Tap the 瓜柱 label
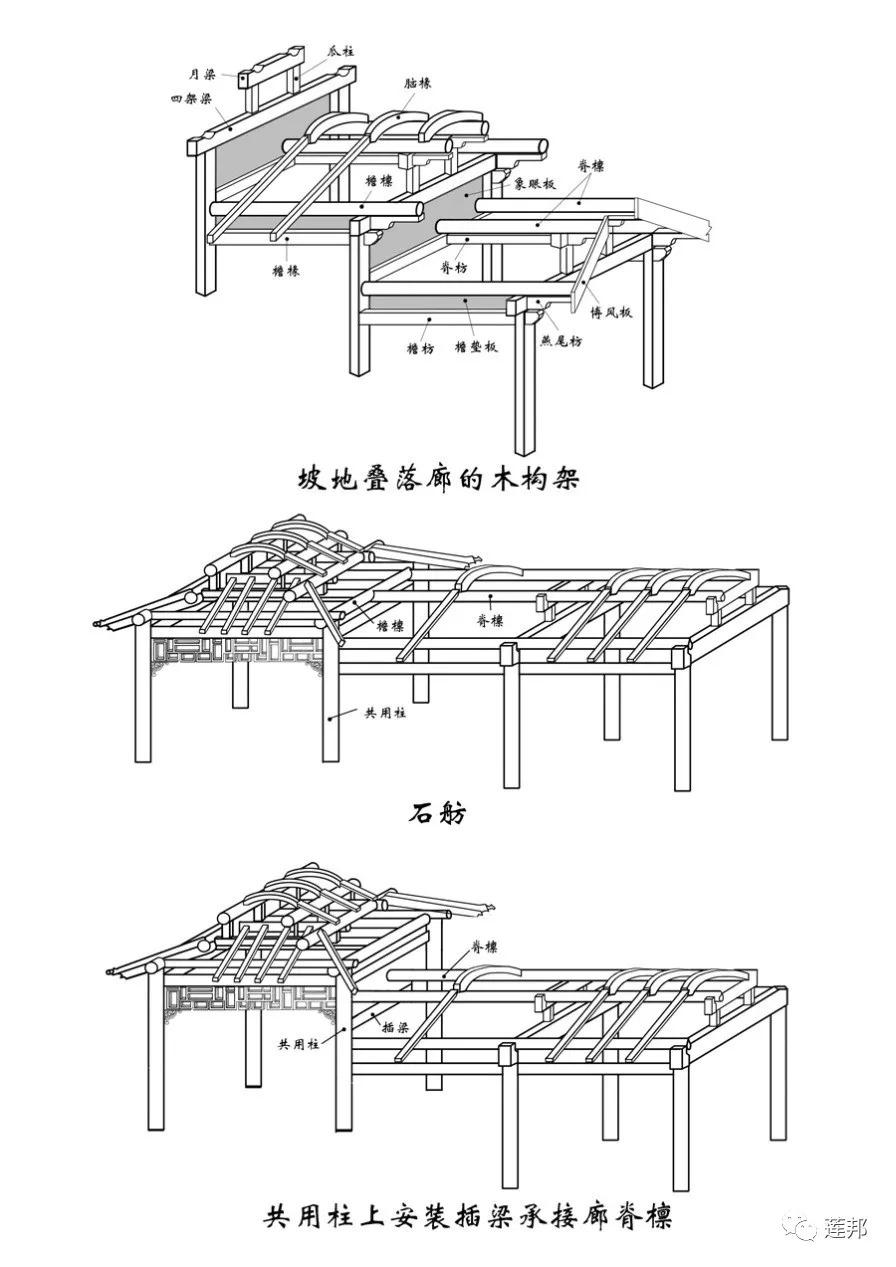click(x=340, y=49)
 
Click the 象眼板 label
click(x=535, y=183)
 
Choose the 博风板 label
click(x=611, y=312)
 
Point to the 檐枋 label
click(x=420, y=348)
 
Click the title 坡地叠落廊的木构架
click(x=439, y=478)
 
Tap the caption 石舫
click(x=436, y=813)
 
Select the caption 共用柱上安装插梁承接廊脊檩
click(x=468, y=1217)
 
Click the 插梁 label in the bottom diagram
click(x=395, y=1023)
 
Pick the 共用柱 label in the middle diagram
click(x=384, y=713)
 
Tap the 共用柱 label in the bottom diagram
click(x=299, y=1043)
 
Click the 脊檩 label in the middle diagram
click(x=490, y=620)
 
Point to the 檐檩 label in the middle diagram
click(x=391, y=625)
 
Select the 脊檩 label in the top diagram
click(x=591, y=166)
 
